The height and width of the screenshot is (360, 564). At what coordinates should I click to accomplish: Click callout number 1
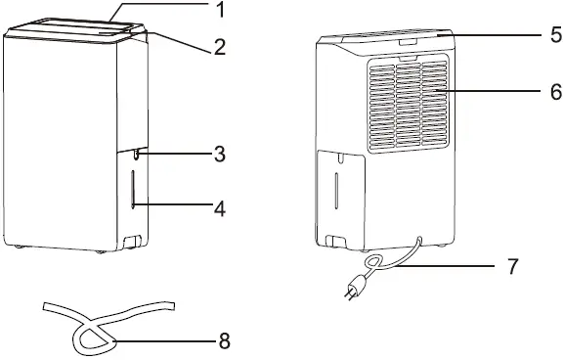click(x=220, y=13)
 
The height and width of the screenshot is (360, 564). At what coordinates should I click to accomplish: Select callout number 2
click(x=220, y=45)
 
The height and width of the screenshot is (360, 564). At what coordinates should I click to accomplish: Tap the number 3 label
click(x=220, y=154)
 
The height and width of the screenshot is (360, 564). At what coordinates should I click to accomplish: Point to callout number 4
click(x=220, y=208)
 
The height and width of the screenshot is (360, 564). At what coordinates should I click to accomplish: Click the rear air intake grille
click(x=408, y=105)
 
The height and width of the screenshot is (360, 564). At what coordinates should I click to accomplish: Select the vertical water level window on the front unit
click(x=133, y=189)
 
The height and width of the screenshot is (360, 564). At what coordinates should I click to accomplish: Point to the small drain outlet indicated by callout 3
click(x=137, y=153)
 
